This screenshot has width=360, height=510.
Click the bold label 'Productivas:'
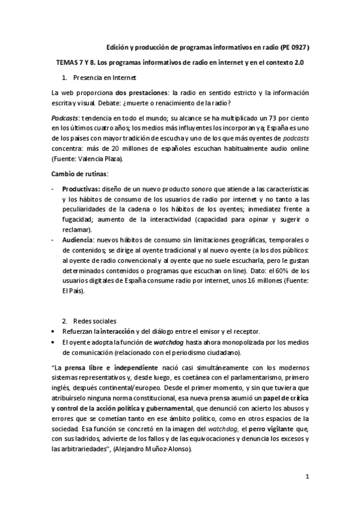click(81, 189)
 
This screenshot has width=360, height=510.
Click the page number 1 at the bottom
click(307, 478)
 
